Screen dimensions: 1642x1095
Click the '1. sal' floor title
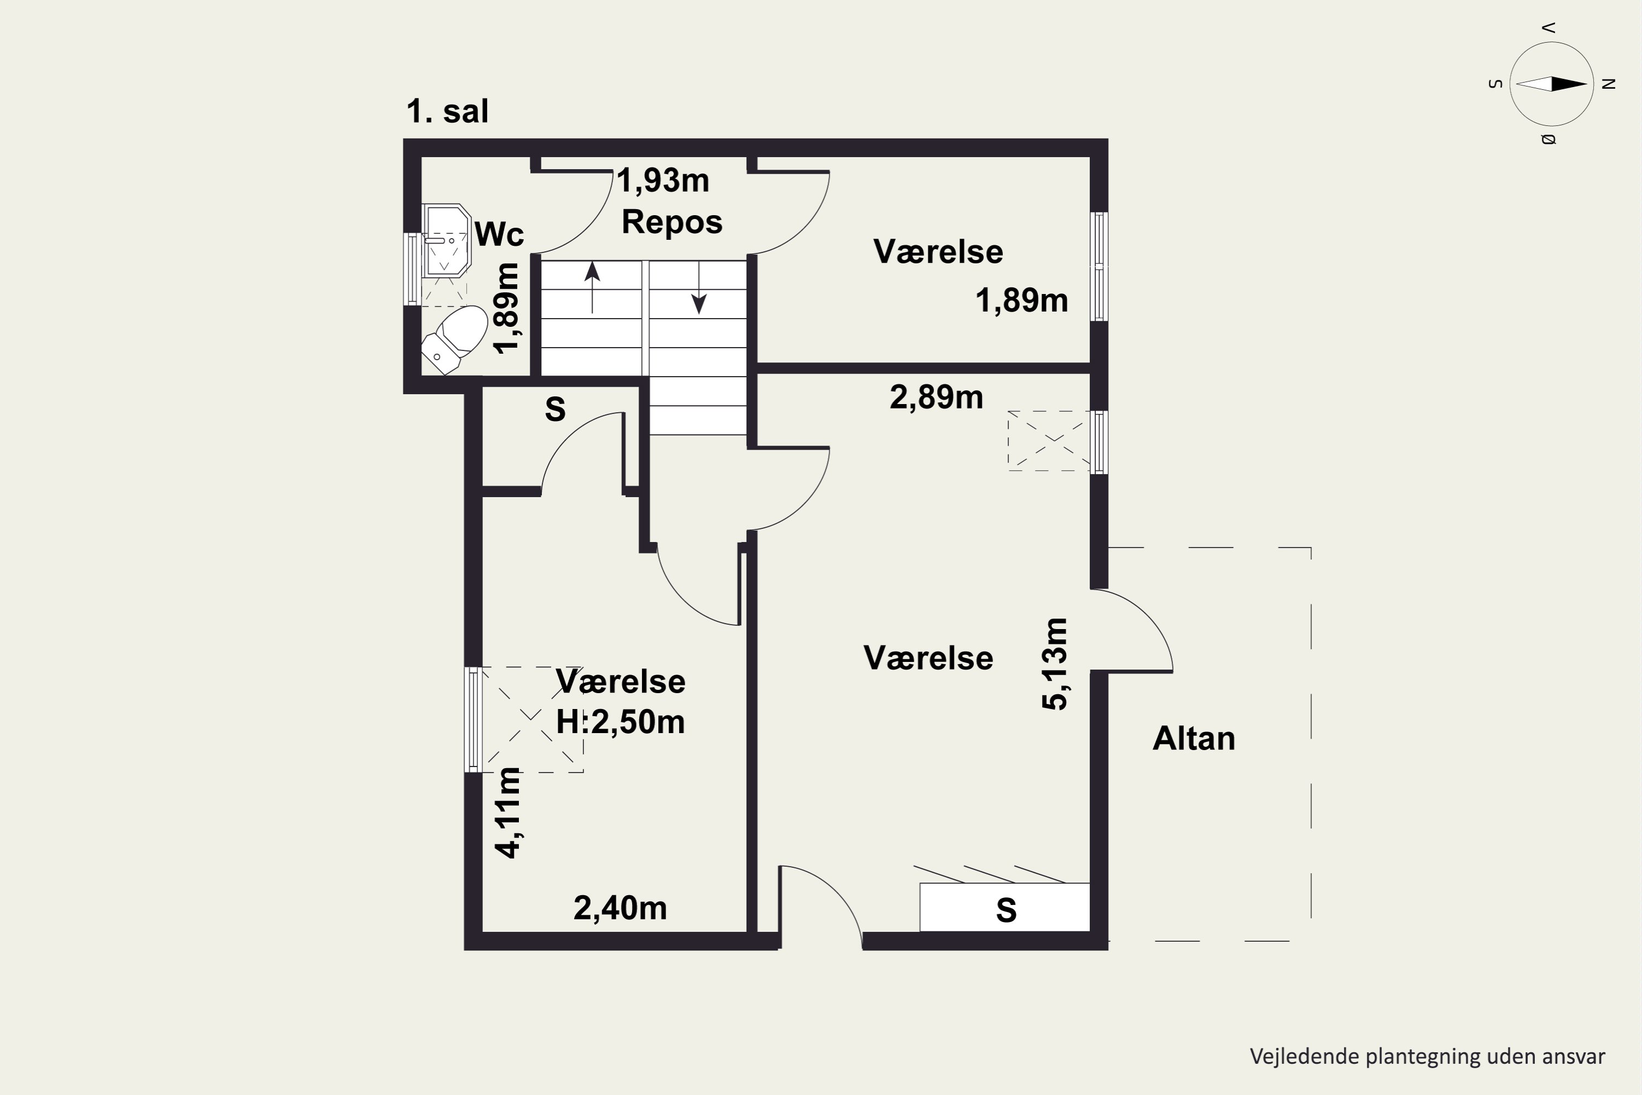click(448, 112)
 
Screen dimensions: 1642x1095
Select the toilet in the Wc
click(454, 339)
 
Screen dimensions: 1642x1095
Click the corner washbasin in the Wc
click(447, 240)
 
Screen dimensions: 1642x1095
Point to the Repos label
click(672, 222)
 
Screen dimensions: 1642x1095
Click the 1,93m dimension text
click(662, 181)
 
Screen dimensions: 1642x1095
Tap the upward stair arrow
click(592, 286)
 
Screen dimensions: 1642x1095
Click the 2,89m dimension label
click(936, 397)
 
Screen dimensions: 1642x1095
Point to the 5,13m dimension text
click(1054, 664)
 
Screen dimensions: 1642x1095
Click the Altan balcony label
click(1194, 739)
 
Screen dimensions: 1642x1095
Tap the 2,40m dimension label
click(620, 908)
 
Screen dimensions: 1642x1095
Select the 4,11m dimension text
click(507, 812)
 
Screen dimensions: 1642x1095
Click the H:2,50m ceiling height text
click(620, 722)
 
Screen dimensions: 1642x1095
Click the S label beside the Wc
click(555, 409)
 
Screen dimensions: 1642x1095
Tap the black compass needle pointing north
click(1569, 84)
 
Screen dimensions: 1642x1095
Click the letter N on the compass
click(1609, 84)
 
